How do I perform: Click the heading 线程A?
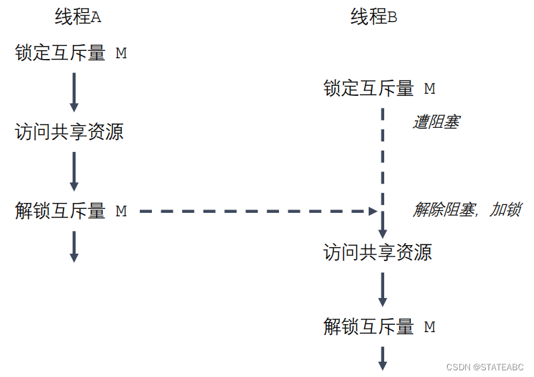click(78, 17)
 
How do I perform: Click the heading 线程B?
click(373, 17)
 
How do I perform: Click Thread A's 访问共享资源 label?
click(69, 132)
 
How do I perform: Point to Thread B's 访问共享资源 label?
click(377, 252)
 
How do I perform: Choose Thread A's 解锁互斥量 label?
click(60, 211)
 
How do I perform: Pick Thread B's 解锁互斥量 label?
click(369, 327)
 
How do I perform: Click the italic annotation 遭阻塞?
click(436, 123)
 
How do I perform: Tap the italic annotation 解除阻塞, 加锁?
click(466, 210)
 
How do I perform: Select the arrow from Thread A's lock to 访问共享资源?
click(74, 92)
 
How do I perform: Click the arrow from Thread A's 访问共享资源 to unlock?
click(74, 171)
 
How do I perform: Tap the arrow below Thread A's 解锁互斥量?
click(74, 246)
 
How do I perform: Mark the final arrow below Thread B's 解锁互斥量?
click(383, 358)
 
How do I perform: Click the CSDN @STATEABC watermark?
click(484, 367)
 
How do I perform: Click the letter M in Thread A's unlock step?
click(121, 211)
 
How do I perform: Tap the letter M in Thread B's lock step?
click(430, 88)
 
